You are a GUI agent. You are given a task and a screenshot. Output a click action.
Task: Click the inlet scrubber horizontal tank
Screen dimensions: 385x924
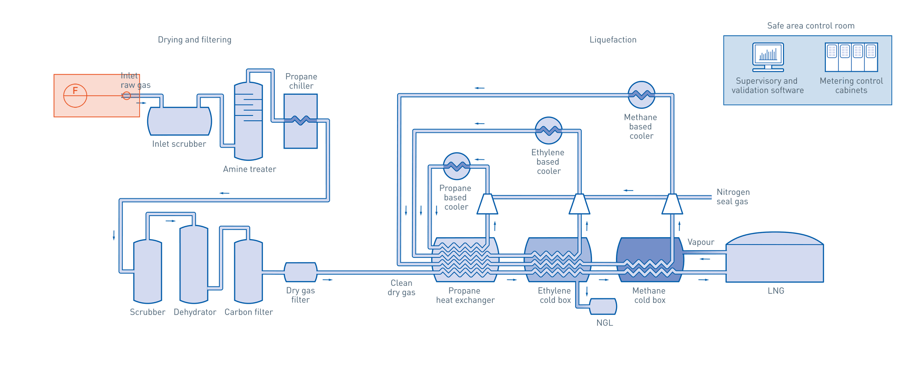pos(180,121)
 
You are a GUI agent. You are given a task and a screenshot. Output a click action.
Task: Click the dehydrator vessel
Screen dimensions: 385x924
pos(193,265)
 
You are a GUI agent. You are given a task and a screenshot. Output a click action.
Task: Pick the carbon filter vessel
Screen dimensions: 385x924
pos(248,272)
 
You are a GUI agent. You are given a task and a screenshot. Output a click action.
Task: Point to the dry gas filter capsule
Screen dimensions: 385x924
pos(300,272)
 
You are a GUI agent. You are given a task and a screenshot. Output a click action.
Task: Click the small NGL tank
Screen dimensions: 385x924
pos(603,307)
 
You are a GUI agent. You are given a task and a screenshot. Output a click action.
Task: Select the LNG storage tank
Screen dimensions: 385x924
pos(775,260)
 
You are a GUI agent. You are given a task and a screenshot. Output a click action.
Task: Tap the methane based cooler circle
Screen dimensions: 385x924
pos(642,95)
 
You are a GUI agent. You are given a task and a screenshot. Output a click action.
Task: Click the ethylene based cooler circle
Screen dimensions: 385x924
pos(549,130)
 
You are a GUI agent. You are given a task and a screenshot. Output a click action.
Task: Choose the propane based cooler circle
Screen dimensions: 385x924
pos(456,167)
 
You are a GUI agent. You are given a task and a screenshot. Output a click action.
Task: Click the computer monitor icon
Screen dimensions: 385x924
pos(768,57)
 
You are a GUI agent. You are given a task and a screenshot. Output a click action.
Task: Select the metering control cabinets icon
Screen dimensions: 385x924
pos(851,57)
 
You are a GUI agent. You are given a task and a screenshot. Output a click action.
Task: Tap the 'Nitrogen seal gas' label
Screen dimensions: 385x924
pos(732,197)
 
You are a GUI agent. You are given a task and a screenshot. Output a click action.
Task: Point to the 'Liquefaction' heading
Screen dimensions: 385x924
pos(613,40)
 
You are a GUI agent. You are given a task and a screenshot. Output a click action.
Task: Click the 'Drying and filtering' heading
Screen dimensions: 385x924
pos(194,40)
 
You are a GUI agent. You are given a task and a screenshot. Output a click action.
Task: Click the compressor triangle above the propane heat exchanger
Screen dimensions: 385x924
pos(487,204)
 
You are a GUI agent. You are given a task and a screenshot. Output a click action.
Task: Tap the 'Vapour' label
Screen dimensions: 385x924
pos(700,242)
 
